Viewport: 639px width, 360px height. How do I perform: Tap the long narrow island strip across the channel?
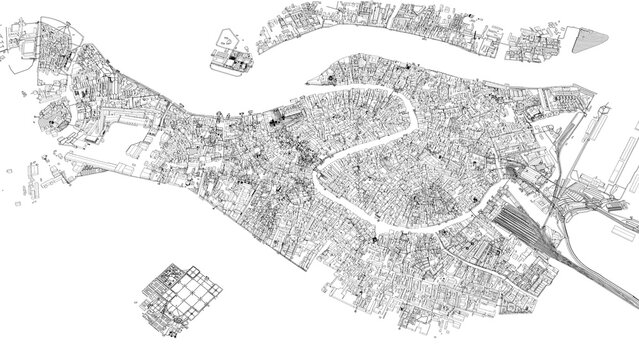click(x=400, y=20)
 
